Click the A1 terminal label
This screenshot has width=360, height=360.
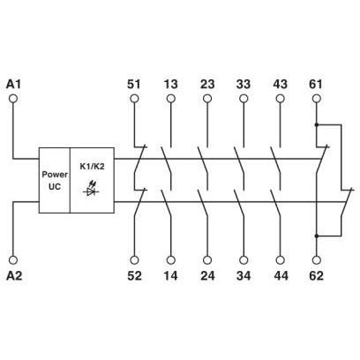(x=13, y=85)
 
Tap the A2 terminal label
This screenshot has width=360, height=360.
(x=14, y=276)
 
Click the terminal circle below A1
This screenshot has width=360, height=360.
(x=13, y=99)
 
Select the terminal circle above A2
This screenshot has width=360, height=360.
(x=13, y=260)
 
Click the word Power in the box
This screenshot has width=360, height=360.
(x=55, y=175)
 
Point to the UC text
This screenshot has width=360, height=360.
(x=55, y=186)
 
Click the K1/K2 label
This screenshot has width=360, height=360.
(x=93, y=167)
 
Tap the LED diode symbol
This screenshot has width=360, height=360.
(x=91, y=189)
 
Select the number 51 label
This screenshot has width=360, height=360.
(x=134, y=85)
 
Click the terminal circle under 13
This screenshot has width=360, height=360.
(x=170, y=99)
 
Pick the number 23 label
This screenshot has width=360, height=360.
(x=207, y=85)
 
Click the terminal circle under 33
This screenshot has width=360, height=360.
(x=244, y=99)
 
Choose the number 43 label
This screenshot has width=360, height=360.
(x=280, y=85)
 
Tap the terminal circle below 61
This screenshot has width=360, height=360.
(x=317, y=99)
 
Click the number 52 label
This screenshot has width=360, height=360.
(x=134, y=276)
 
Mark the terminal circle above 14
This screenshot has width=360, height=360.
(x=170, y=260)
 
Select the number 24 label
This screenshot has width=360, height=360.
(x=207, y=276)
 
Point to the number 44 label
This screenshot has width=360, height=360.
(x=281, y=276)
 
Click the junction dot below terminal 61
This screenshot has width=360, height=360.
(x=317, y=124)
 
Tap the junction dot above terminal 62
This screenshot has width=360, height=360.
(x=317, y=236)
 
